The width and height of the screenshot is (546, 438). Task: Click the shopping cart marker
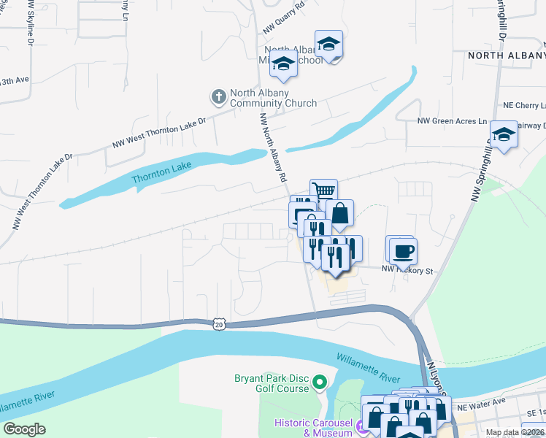[x=323, y=191]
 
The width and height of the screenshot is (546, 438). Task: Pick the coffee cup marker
[x=401, y=250]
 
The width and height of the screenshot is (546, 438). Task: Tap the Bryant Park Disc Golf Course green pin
[x=319, y=381]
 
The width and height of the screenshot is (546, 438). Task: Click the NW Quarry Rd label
[x=283, y=24]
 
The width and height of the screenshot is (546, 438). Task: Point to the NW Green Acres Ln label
[x=452, y=121]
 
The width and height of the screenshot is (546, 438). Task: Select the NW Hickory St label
[x=407, y=271]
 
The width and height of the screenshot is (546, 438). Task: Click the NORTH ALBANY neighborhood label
[x=506, y=55]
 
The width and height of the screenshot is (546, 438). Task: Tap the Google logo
[x=25, y=429]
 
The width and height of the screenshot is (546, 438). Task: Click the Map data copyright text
[x=515, y=432]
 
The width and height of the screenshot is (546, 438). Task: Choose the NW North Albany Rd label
[x=272, y=143]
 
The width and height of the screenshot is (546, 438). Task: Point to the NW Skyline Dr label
[x=31, y=22]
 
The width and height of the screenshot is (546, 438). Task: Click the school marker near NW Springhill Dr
[x=504, y=134]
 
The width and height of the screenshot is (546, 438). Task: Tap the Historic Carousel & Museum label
[x=312, y=428]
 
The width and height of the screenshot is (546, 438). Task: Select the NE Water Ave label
[x=480, y=402]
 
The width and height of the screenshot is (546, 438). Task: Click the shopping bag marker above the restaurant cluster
[x=339, y=213]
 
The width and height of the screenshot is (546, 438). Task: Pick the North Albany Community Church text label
[x=273, y=98]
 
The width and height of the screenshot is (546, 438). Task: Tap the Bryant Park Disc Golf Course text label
[x=272, y=383]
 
